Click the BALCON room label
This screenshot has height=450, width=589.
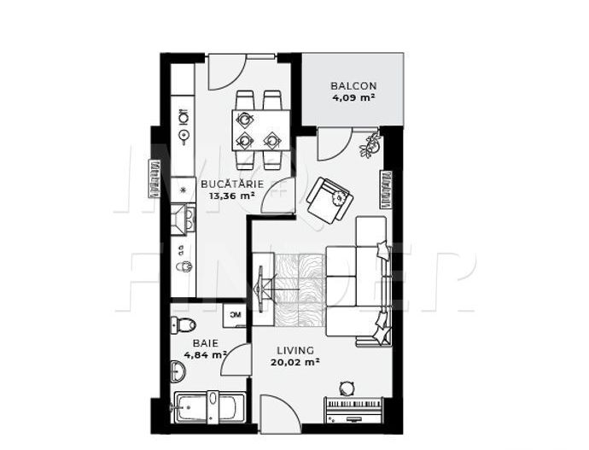pos(353,86)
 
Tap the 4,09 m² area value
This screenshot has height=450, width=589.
pos(353,98)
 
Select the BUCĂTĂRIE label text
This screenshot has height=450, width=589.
pos(231,184)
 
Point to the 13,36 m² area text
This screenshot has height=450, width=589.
pos(232,196)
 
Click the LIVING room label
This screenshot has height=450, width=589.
pos(295,350)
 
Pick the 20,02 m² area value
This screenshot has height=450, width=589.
pos(295,362)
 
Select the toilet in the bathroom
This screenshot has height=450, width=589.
pos(184,324)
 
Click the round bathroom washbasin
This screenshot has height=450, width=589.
pos(179,371)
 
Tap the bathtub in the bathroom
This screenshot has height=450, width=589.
pos(209,408)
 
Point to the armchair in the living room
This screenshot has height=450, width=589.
pos(329,200)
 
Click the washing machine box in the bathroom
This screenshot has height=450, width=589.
pos(234,315)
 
